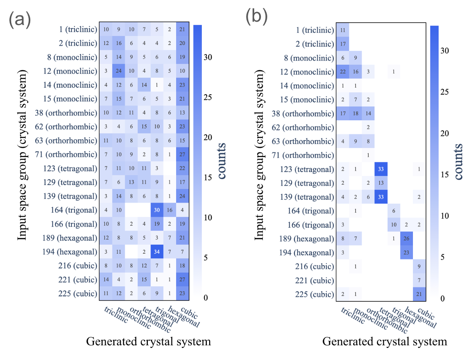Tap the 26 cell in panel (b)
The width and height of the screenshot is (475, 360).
406,238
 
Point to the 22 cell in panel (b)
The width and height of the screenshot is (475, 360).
342,72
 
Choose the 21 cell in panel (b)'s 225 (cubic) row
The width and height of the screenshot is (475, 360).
419,294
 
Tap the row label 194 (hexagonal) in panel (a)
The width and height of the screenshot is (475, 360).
70,252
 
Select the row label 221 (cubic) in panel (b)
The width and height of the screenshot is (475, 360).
314,280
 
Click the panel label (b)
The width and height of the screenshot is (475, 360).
257,17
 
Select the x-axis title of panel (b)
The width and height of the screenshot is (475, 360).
385,342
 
